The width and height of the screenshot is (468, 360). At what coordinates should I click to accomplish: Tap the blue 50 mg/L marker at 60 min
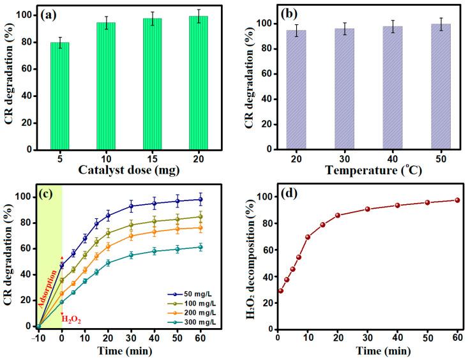point(200,199)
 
